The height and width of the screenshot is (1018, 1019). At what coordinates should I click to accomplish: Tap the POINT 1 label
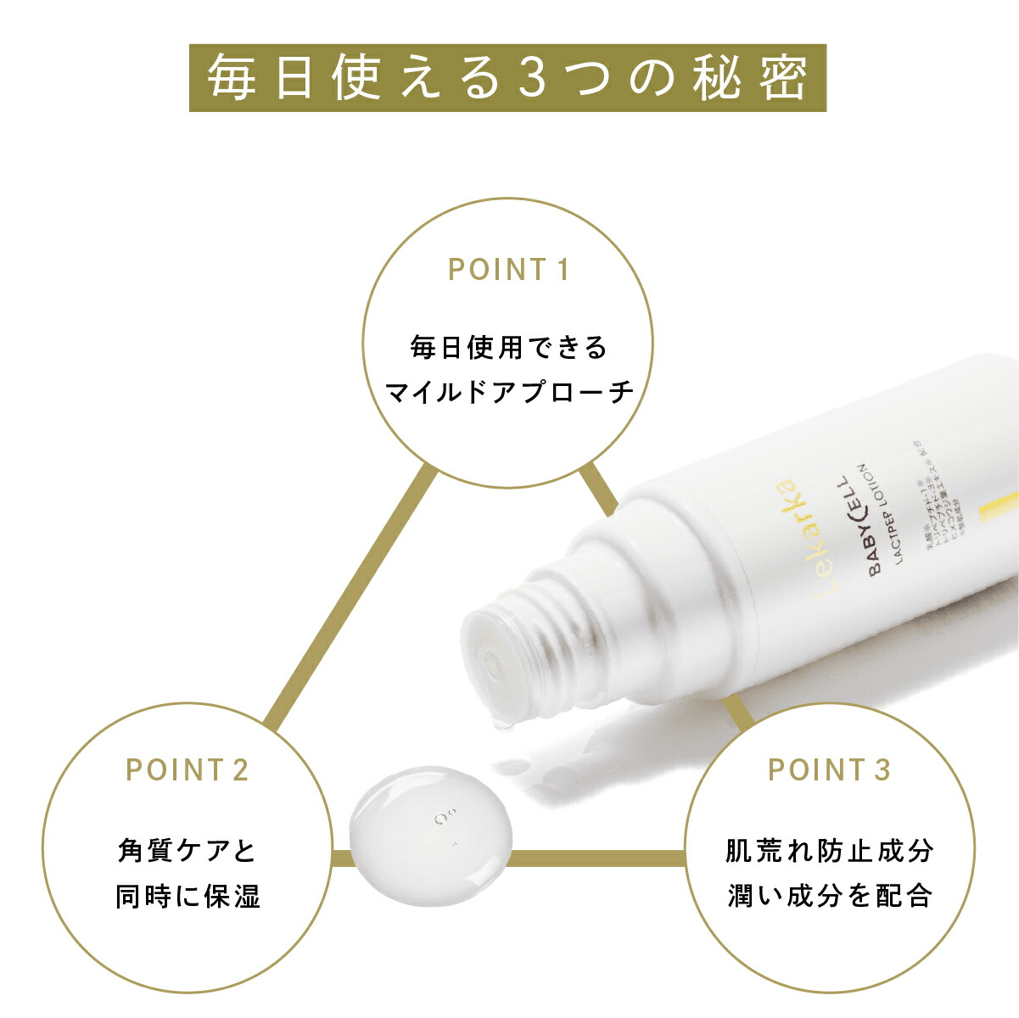[x=507, y=270]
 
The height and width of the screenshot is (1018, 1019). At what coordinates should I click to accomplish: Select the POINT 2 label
[x=187, y=769]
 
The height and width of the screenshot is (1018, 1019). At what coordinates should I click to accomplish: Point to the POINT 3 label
[x=829, y=769]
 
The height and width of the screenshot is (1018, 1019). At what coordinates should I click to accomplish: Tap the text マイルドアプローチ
[x=508, y=392]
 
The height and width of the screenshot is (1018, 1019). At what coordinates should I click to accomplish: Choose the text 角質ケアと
[x=187, y=850]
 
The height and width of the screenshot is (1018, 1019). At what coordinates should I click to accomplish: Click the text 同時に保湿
[x=188, y=896]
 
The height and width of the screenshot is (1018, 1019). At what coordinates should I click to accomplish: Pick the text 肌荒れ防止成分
[x=829, y=850]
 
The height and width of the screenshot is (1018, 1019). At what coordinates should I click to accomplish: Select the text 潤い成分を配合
[x=829, y=896]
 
